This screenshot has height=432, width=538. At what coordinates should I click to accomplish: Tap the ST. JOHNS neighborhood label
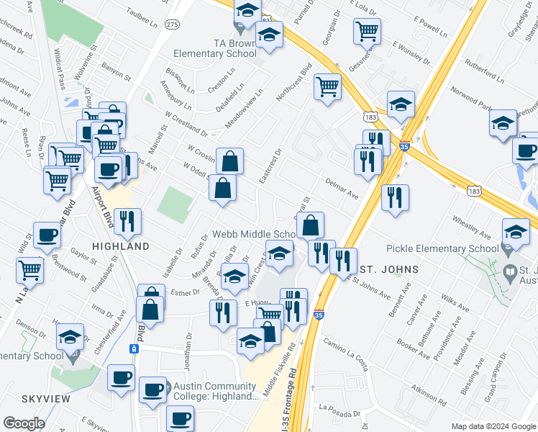coord(388,269)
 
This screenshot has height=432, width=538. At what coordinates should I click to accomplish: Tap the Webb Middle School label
coord(253,235)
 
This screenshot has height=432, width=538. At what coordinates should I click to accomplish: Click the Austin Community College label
coord(215,392)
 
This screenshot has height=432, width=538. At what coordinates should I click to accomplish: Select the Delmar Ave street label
coord(342,189)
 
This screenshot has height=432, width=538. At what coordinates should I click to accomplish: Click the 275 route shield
coord(171,24)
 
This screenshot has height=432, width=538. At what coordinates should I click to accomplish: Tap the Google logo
coord(24,423)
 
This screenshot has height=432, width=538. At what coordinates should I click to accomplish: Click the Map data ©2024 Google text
coord(493,426)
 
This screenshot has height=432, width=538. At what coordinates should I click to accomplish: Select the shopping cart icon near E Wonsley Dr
coord(367,31)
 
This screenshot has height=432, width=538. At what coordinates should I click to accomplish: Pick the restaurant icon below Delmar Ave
coord(395,197)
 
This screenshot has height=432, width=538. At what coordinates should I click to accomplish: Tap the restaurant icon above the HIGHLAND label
coord(127,221)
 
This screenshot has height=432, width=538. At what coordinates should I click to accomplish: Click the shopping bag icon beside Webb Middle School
coord(310,225)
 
